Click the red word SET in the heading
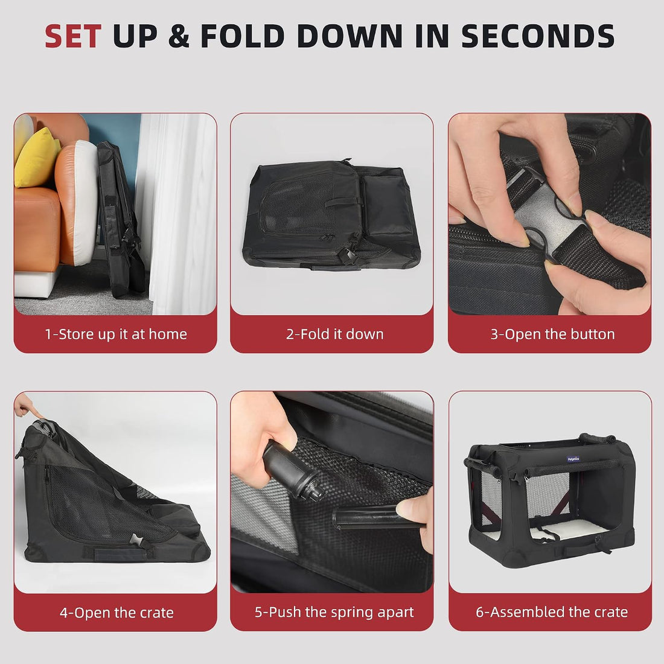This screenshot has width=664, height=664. pyautogui.click(x=73, y=36)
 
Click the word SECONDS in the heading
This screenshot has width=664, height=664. pyautogui.click(x=537, y=36)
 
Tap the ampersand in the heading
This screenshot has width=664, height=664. pyautogui.click(x=179, y=36)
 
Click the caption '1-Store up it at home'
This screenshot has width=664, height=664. pyautogui.click(x=116, y=334)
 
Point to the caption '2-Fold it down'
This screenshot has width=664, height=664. pyautogui.click(x=334, y=334)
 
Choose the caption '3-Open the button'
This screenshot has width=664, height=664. pyautogui.click(x=552, y=334)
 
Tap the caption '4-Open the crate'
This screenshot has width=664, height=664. pyautogui.click(x=117, y=612)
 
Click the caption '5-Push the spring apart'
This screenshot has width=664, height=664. pyautogui.click(x=334, y=612)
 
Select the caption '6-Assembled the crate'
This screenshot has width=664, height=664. pyautogui.click(x=552, y=612)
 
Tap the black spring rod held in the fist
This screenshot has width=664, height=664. pyautogui.click(x=292, y=471)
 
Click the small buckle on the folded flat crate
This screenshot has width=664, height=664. pyautogui.click(x=348, y=255)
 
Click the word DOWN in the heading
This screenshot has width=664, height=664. pyautogui.click(x=350, y=36)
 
